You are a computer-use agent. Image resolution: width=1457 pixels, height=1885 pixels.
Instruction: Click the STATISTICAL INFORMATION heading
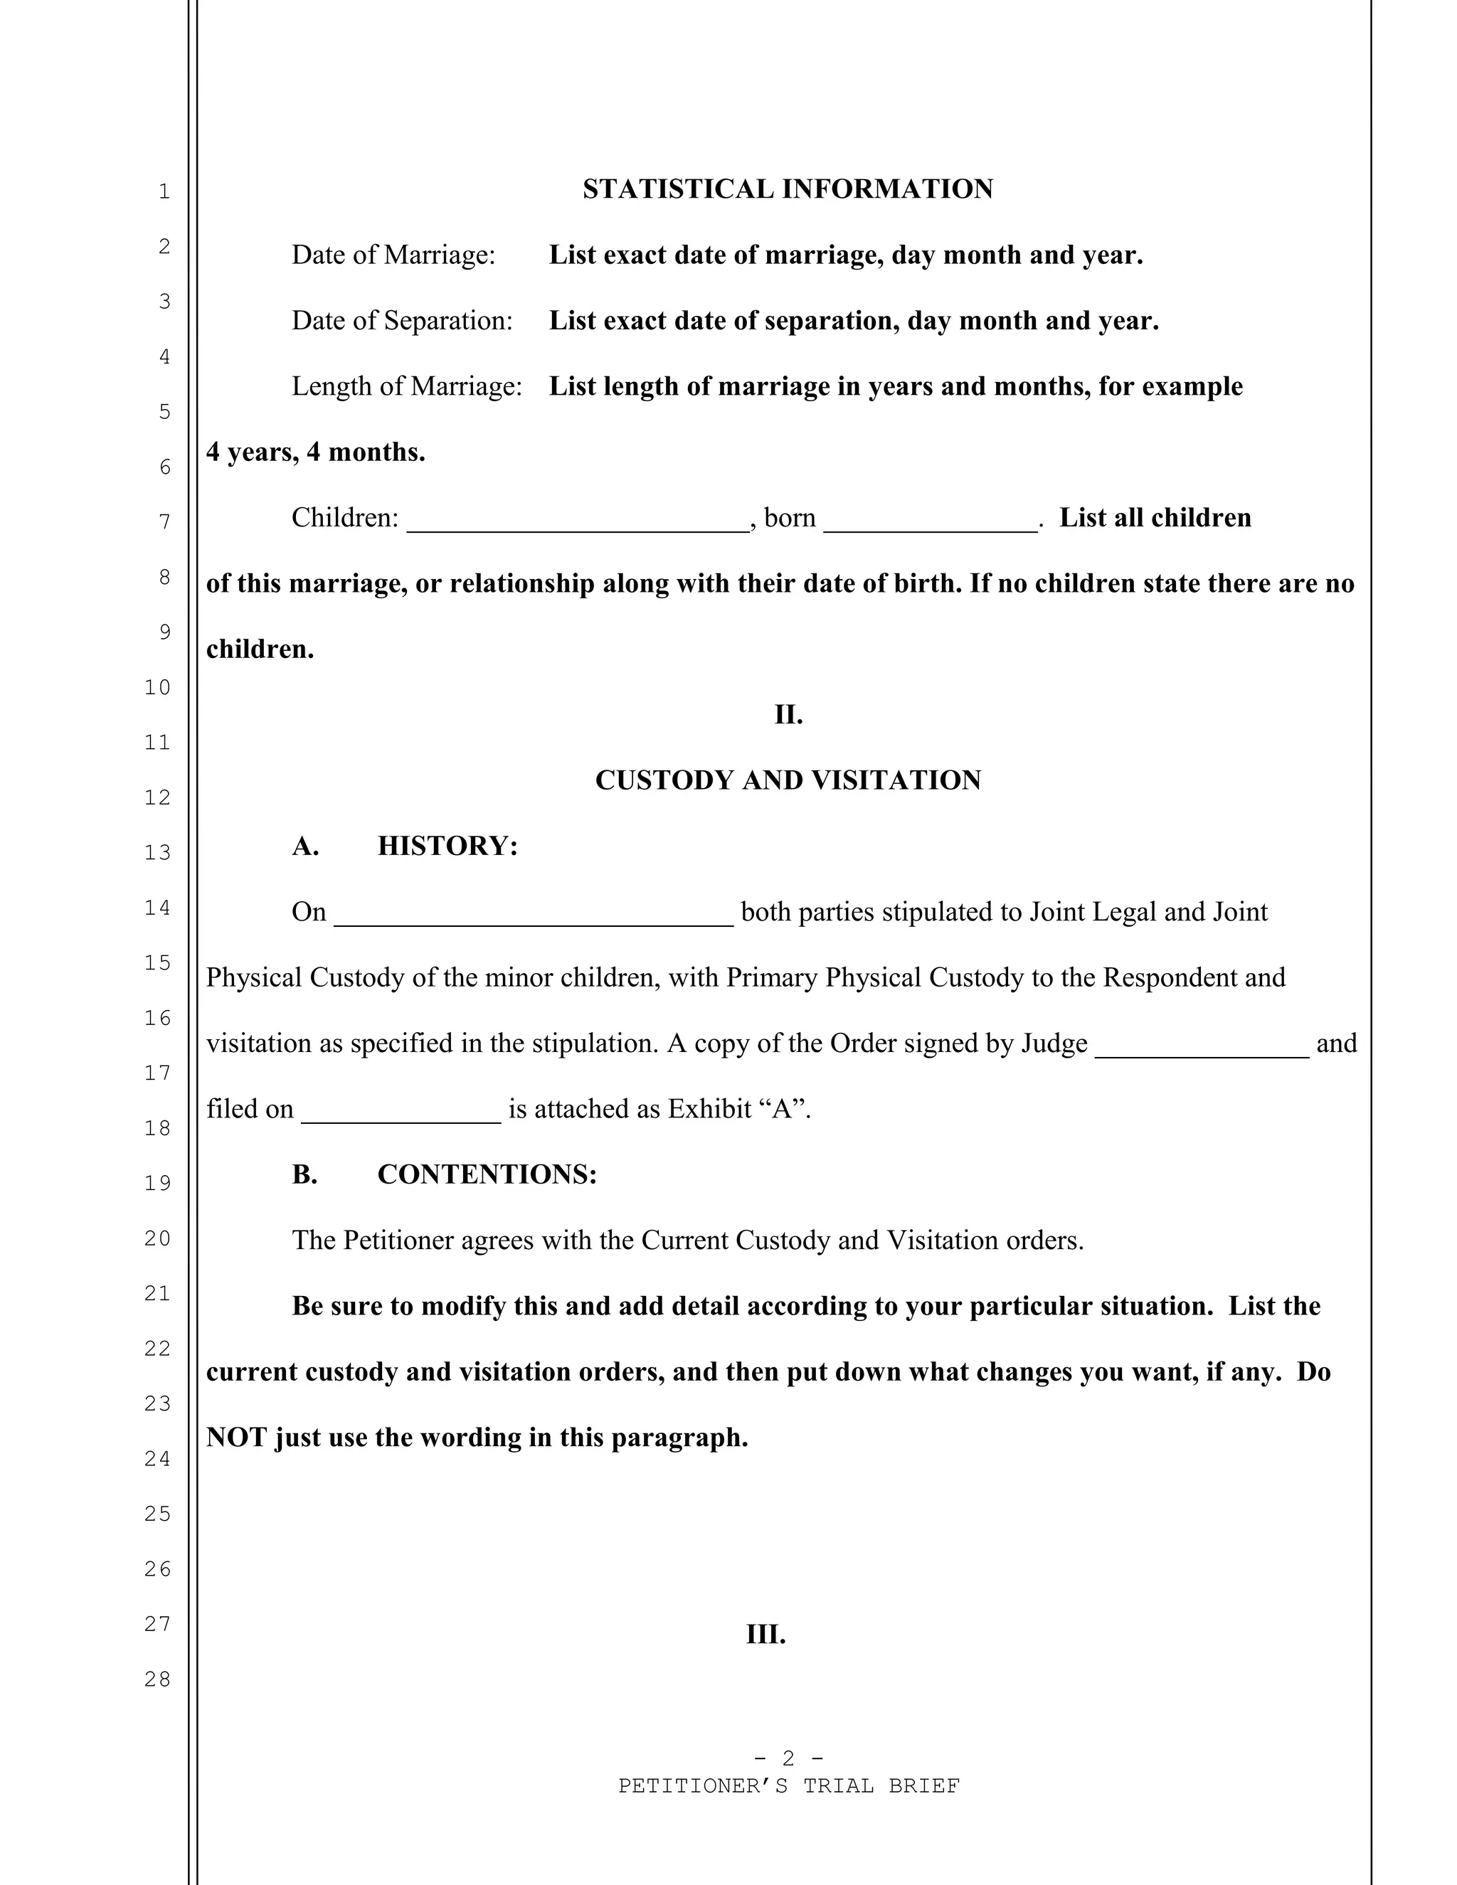click(x=788, y=189)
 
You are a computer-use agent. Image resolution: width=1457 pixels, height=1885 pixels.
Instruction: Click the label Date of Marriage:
click(x=393, y=255)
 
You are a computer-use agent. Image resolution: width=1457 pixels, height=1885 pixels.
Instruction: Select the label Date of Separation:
click(x=401, y=320)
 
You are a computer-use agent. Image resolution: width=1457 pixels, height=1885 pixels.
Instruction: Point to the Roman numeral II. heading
click(x=788, y=715)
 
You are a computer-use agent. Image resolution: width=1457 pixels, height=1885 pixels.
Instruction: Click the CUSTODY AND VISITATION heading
click(x=788, y=780)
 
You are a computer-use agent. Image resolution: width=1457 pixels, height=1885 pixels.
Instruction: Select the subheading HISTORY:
click(x=447, y=846)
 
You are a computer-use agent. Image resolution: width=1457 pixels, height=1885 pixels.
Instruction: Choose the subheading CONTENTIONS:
click(x=487, y=1174)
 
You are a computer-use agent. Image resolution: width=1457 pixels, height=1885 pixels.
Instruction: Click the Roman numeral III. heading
click(x=765, y=1635)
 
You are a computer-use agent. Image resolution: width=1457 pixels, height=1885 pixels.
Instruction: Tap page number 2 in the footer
click(x=788, y=1758)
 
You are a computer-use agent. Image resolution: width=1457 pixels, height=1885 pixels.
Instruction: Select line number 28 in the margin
click(x=157, y=1679)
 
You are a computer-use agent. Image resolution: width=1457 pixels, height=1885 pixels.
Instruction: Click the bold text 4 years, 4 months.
click(x=315, y=452)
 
